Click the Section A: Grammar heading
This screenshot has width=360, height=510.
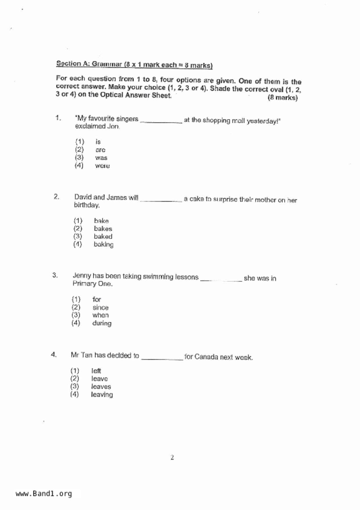point(134,64)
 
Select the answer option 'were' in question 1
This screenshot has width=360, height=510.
point(102,166)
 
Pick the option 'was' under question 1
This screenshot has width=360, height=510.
point(101,158)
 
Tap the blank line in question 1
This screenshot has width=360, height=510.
point(161,122)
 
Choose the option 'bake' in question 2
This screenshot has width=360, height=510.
point(101,221)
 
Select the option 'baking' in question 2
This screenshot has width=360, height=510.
point(103,245)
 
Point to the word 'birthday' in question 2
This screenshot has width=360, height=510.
point(87,205)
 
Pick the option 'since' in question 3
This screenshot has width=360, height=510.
point(101,308)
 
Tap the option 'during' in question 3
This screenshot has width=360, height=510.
point(102,323)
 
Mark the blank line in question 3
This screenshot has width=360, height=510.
point(221,280)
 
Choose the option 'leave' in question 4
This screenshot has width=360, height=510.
point(99,379)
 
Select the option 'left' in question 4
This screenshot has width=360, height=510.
point(96,371)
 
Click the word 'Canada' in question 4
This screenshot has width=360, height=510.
point(206,357)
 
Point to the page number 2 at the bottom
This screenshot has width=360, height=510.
point(172,458)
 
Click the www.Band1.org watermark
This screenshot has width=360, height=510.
point(44,494)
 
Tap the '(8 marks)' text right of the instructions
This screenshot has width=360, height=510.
point(282,98)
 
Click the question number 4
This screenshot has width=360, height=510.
point(54,354)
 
